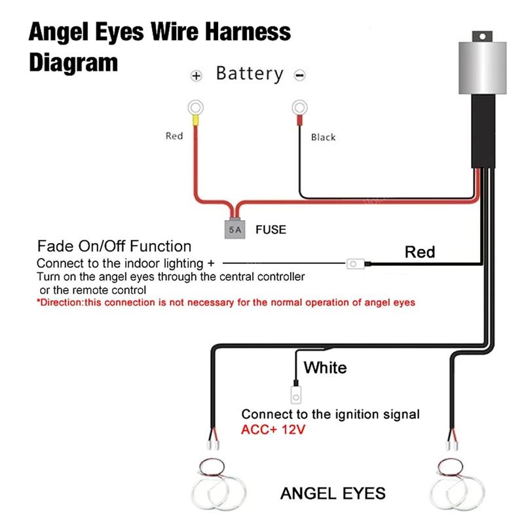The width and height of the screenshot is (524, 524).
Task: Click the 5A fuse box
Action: (234, 229)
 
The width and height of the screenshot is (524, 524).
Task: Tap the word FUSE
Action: (271, 230)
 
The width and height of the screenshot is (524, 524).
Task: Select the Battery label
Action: (250, 73)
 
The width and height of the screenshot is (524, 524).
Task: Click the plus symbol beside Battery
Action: (195, 76)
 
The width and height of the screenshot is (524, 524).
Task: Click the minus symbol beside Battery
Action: (300, 76)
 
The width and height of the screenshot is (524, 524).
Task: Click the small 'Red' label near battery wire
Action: (174, 136)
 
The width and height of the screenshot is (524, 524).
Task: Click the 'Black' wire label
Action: (323, 137)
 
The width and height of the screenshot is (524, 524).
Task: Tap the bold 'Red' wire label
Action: (419, 252)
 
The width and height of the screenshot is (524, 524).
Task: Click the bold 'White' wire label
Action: (325, 367)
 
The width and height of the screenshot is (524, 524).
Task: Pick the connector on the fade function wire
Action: (356, 265)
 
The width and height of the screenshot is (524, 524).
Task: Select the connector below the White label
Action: (295, 395)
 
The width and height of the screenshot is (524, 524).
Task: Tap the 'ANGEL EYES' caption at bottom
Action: (333, 493)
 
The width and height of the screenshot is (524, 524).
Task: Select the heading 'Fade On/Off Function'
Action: (114, 246)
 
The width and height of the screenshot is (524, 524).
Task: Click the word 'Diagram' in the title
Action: (73, 62)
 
